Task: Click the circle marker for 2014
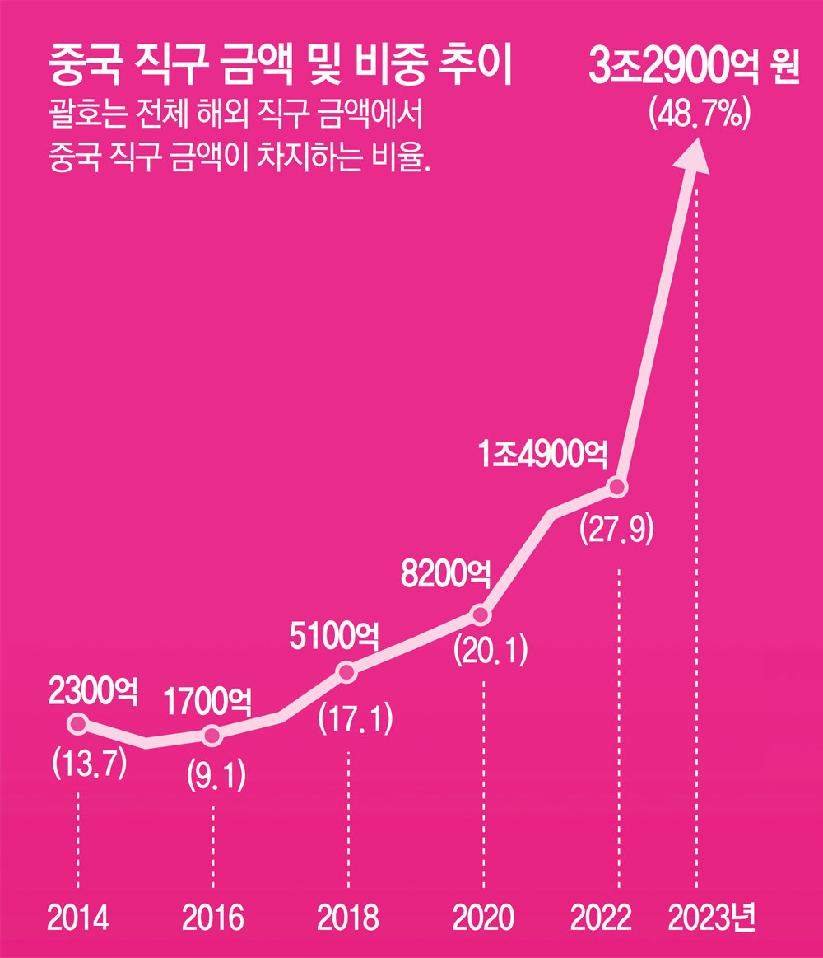click(78, 724)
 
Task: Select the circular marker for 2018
click(347, 673)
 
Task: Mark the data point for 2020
click(481, 615)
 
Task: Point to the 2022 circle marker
click(617, 488)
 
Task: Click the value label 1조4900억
click(544, 453)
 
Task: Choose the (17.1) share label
click(356, 718)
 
